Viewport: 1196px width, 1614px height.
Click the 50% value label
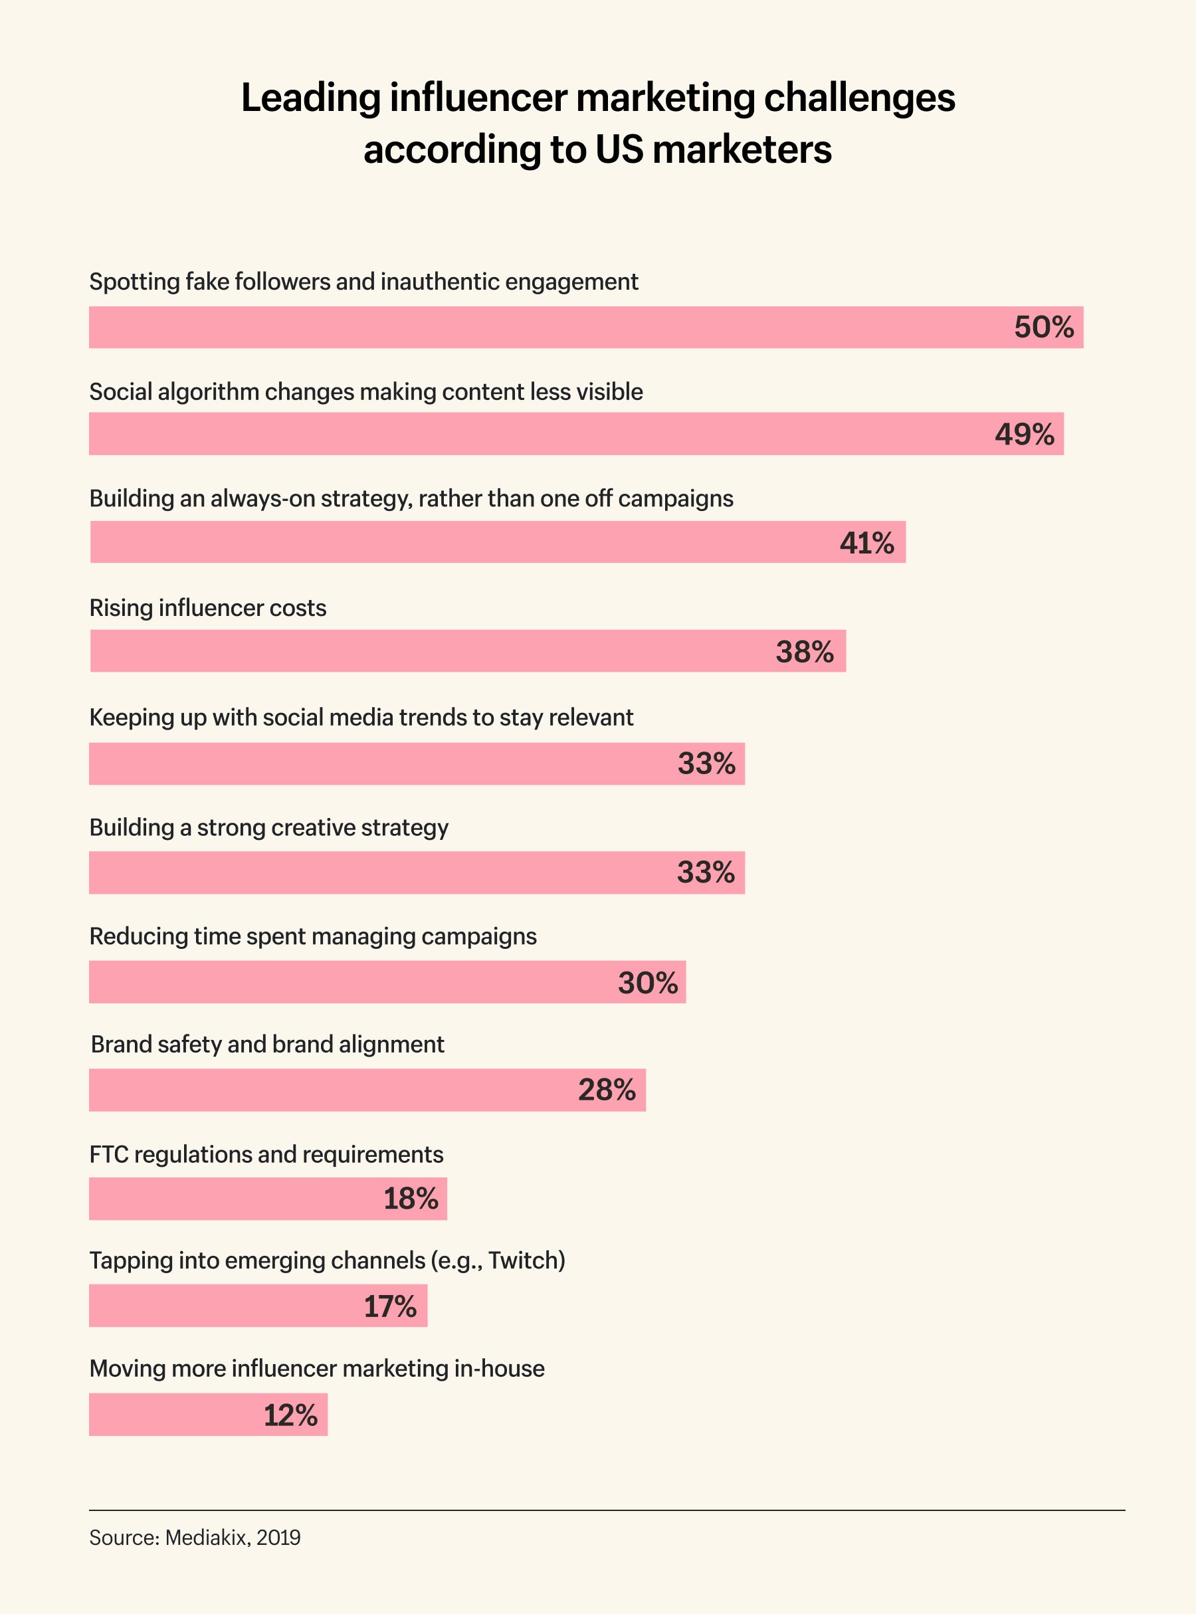[x=1043, y=328]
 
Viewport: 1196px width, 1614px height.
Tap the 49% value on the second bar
[x=1024, y=435]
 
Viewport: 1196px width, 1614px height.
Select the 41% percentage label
[x=866, y=543]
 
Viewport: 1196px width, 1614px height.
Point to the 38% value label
[x=805, y=653]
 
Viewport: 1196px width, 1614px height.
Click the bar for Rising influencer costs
[x=435, y=651]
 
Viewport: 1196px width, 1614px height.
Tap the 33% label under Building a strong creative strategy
[x=706, y=872]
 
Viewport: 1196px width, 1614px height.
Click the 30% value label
[x=647, y=983]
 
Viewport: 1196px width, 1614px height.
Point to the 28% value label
[x=607, y=1090]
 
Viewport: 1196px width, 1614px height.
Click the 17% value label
[x=389, y=1307]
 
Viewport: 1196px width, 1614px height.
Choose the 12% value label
[x=290, y=1415]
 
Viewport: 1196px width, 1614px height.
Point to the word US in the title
[x=619, y=150]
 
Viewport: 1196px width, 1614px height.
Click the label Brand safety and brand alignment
[x=267, y=1044]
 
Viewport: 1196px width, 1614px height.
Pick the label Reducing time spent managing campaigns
[x=313, y=936]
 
